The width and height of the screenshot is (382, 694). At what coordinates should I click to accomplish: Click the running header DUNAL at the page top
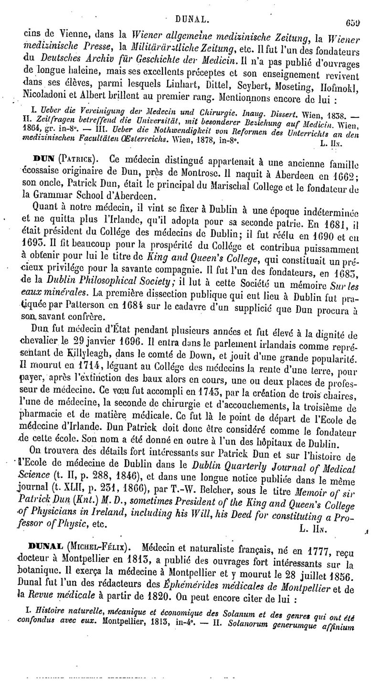tap(191, 7)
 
